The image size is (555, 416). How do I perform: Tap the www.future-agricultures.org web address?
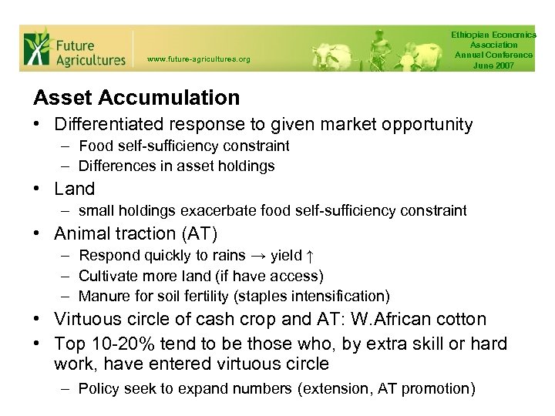click(x=198, y=59)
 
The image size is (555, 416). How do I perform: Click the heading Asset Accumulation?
click(x=136, y=98)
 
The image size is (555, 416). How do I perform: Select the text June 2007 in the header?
click(x=494, y=65)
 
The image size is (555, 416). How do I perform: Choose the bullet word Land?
click(x=75, y=189)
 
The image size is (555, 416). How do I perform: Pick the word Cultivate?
click(x=107, y=276)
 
